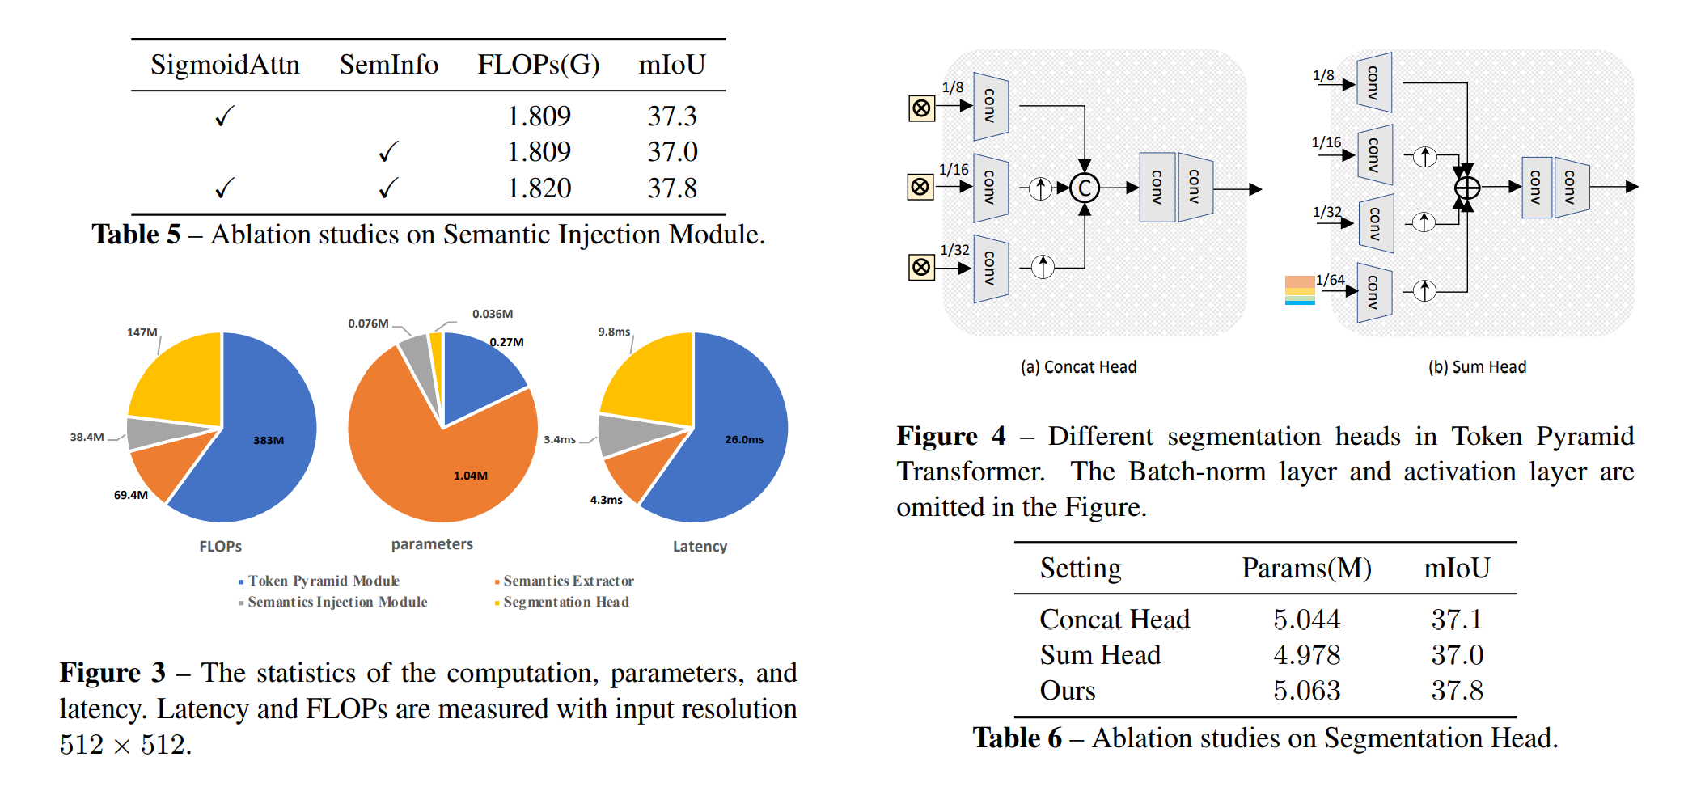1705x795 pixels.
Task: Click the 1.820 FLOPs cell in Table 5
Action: [x=539, y=188]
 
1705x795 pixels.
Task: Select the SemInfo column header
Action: [x=388, y=65]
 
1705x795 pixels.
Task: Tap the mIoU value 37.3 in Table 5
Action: [x=671, y=116]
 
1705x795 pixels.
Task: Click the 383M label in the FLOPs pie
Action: [x=269, y=441]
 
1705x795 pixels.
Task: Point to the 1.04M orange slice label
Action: [x=470, y=476]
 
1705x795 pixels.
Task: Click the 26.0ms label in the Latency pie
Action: [x=744, y=440]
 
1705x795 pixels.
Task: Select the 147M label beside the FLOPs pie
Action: [x=142, y=332]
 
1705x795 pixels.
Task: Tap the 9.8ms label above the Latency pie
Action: [x=614, y=332]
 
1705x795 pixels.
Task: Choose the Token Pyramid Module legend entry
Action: [x=323, y=581]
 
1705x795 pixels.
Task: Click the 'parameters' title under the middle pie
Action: [x=432, y=544]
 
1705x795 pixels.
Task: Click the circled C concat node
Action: [x=1085, y=188]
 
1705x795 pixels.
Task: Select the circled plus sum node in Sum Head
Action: [x=1466, y=188]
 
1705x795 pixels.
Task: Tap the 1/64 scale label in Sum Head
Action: [x=1330, y=280]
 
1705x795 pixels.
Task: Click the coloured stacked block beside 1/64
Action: [x=1300, y=290]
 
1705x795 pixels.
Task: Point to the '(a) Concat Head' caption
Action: [x=1078, y=367]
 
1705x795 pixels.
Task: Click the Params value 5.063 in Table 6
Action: [x=1306, y=691]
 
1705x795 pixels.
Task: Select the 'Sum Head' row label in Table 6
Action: [x=1100, y=655]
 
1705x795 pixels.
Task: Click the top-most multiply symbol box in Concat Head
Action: [x=921, y=108]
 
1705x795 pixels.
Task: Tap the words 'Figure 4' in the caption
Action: [x=950, y=437]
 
